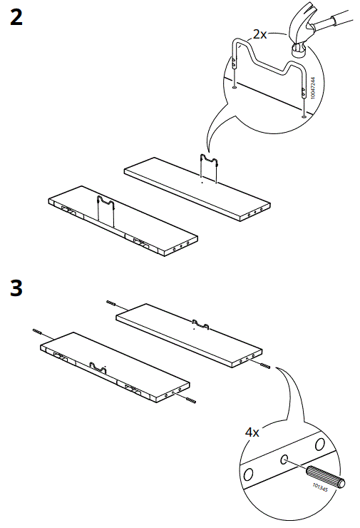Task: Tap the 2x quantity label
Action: pyautogui.click(x=260, y=34)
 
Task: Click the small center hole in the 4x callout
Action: pyautogui.click(x=284, y=460)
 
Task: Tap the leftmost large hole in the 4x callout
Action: pyautogui.click(x=248, y=474)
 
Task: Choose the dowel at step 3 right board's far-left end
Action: pyautogui.click(x=111, y=303)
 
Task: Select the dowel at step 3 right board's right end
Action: pyautogui.click(x=266, y=366)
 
